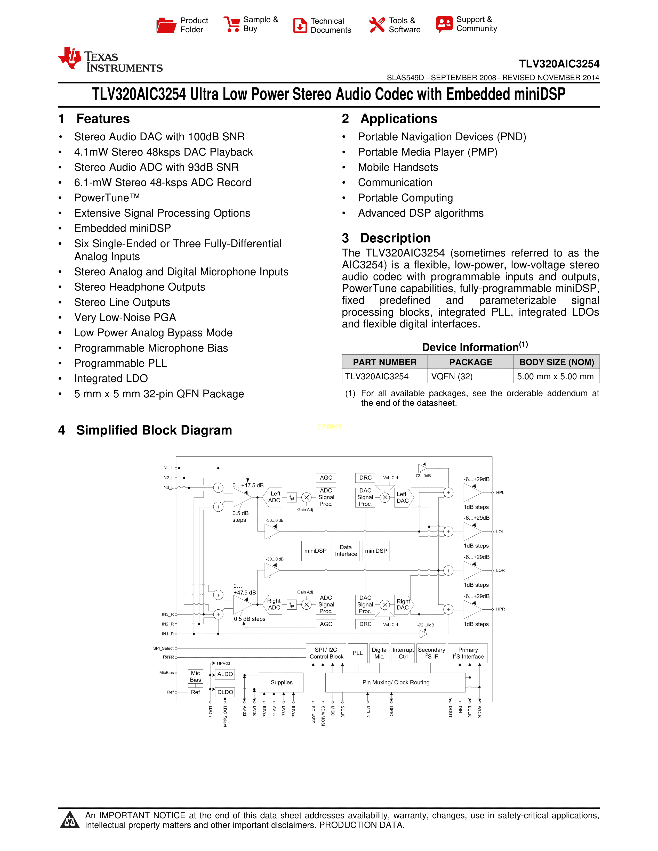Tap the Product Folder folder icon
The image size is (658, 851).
click(x=166, y=25)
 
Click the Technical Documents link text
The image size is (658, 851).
click(x=331, y=25)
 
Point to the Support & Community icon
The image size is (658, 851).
click(x=444, y=24)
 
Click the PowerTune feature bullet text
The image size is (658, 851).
click(x=107, y=198)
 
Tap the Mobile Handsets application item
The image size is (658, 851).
click(x=398, y=168)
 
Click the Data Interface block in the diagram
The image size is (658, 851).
click(x=346, y=551)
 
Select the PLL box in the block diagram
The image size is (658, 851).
click(x=357, y=653)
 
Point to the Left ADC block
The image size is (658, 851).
click(x=274, y=497)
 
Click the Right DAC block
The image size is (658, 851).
click(x=403, y=604)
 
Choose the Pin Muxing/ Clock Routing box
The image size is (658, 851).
click(x=396, y=682)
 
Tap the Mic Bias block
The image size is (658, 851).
click(x=195, y=676)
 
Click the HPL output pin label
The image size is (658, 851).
click(x=500, y=493)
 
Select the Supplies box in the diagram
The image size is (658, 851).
click(x=282, y=682)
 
